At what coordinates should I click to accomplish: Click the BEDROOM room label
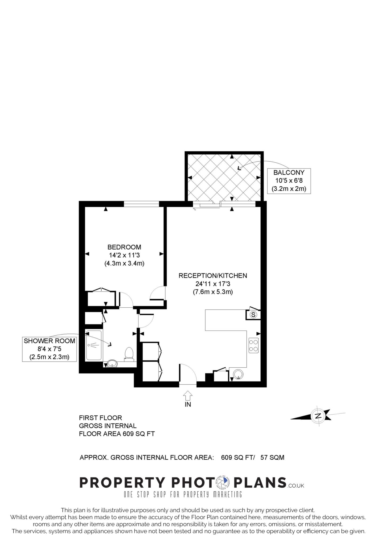[124, 247]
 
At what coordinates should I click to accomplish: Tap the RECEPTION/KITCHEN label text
[213, 276]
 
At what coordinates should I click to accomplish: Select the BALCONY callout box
[289, 181]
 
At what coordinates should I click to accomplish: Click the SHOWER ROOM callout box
[49, 349]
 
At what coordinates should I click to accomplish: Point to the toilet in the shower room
[129, 354]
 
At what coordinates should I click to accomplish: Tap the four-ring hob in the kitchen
[254, 346]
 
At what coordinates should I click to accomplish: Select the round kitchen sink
[238, 374]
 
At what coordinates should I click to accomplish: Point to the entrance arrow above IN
[188, 395]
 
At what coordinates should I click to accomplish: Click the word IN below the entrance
[188, 404]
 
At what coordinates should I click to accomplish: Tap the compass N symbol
[318, 416]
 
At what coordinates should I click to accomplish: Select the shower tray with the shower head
[94, 346]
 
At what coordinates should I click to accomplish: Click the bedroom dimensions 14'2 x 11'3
[124, 255]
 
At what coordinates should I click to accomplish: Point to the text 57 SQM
[272, 458]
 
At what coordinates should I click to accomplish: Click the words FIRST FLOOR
[100, 418]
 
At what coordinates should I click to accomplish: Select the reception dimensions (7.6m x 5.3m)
[213, 292]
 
